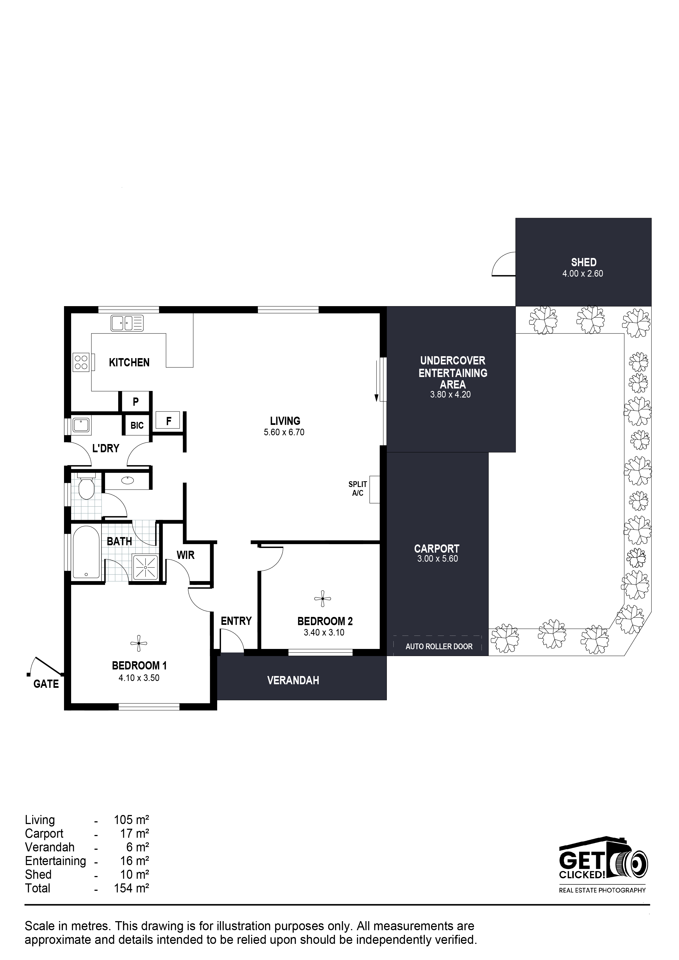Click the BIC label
tap(137, 425)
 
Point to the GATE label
tap(46, 684)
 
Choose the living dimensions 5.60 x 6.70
tap(284, 432)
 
